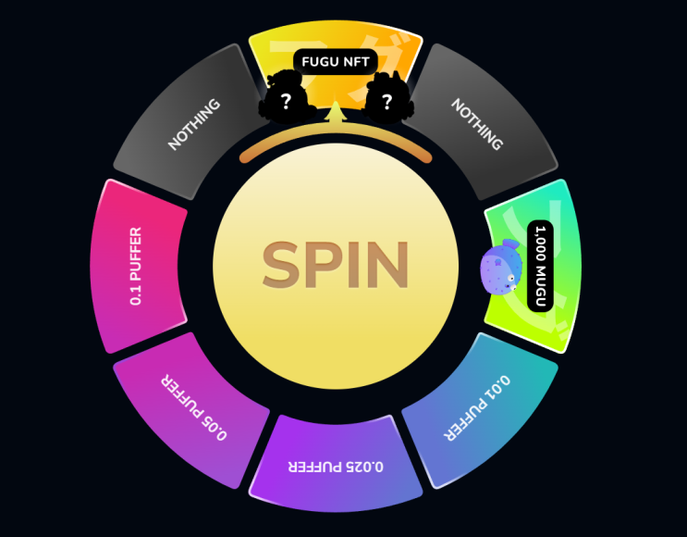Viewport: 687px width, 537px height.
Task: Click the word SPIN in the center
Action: pos(336,265)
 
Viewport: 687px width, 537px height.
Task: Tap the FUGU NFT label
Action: pos(336,62)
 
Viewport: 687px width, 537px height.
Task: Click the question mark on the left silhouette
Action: pos(286,102)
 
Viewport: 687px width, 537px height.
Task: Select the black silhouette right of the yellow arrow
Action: pos(388,98)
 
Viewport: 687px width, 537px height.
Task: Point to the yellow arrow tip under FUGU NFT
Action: pos(336,103)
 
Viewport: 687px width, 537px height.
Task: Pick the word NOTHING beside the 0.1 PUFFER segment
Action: pos(194,124)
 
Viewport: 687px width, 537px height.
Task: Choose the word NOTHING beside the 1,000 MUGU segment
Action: pos(477,124)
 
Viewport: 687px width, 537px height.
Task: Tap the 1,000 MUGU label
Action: pos(541,266)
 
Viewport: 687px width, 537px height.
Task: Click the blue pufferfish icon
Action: pos(501,267)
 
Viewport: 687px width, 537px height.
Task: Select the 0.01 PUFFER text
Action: pos(477,407)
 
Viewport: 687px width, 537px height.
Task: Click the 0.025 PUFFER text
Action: pos(336,467)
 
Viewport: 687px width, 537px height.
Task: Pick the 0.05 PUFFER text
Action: pos(194,407)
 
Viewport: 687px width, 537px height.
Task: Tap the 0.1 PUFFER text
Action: pos(136,266)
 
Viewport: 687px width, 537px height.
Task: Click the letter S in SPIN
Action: pos(279,265)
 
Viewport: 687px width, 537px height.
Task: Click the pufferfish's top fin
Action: pos(510,244)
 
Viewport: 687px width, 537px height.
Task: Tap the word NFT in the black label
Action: pos(355,62)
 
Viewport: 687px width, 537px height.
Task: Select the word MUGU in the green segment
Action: pos(541,285)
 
